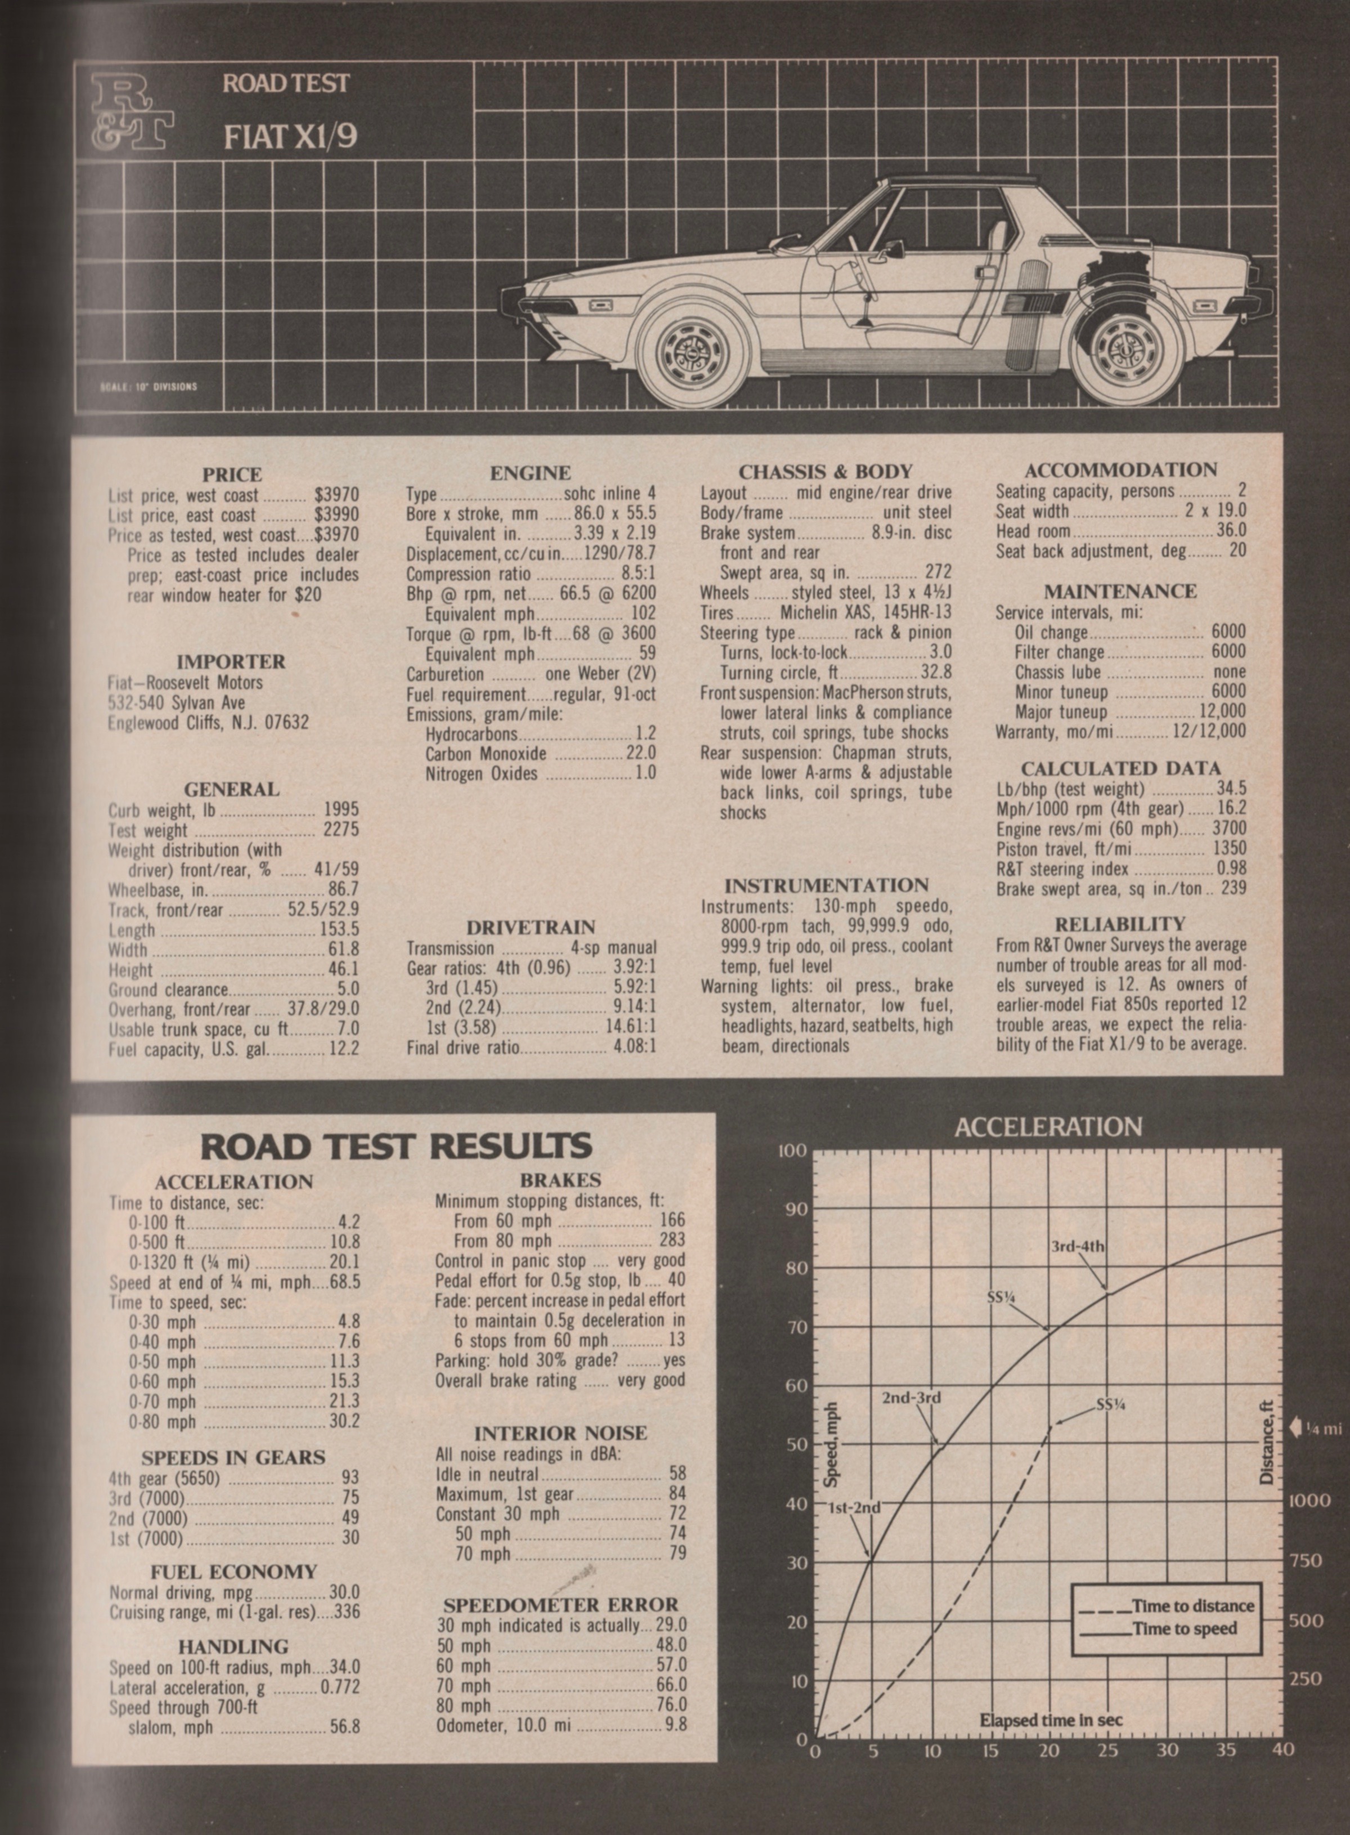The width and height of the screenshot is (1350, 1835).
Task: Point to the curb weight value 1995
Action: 341,809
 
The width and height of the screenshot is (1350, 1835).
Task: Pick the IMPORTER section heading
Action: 231,661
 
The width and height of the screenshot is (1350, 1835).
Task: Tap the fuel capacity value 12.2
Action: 343,1049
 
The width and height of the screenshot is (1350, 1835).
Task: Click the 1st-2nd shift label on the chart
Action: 854,1507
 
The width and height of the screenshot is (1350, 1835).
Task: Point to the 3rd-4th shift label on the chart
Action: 1077,1246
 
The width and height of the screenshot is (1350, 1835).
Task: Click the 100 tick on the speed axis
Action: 791,1151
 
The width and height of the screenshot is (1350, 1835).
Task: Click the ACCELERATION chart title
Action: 1048,1127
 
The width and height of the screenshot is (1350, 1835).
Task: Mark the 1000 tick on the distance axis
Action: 1310,1500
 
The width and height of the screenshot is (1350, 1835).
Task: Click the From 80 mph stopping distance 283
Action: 672,1241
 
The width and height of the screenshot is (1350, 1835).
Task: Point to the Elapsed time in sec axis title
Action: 1051,1720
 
